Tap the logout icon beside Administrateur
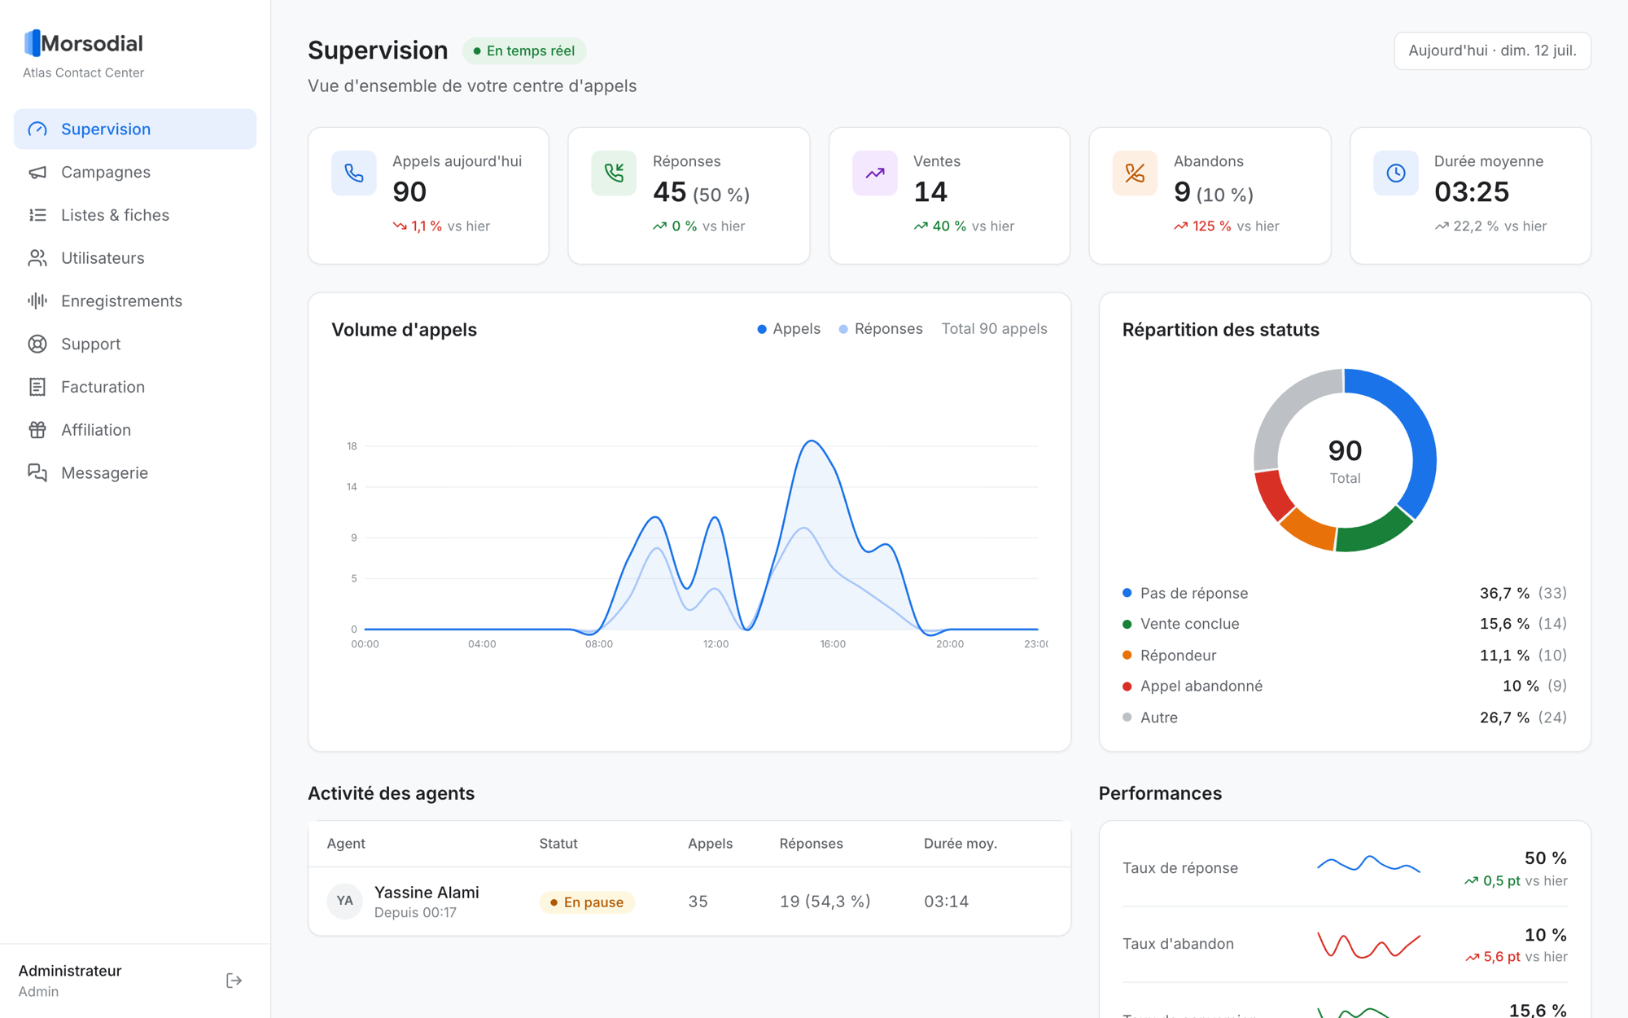[x=234, y=981]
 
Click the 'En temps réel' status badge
[x=524, y=50]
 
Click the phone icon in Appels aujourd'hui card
[x=353, y=173]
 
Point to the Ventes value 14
[x=930, y=192]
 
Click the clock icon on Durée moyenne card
[x=1396, y=173]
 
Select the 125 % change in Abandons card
[x=1211, y=226]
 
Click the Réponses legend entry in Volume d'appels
[x=881, y=329]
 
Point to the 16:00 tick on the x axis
[x=833, y=644]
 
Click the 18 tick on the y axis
[x=352, y=446]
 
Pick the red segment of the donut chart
[x=1272, y=494]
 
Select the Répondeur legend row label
[x=1178, y=656]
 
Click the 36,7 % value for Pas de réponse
[x=1504, y=593]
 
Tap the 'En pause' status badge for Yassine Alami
[x=587, y=902]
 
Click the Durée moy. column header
[x=961, y=844]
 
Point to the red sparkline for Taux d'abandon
[x=1369, y=945]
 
